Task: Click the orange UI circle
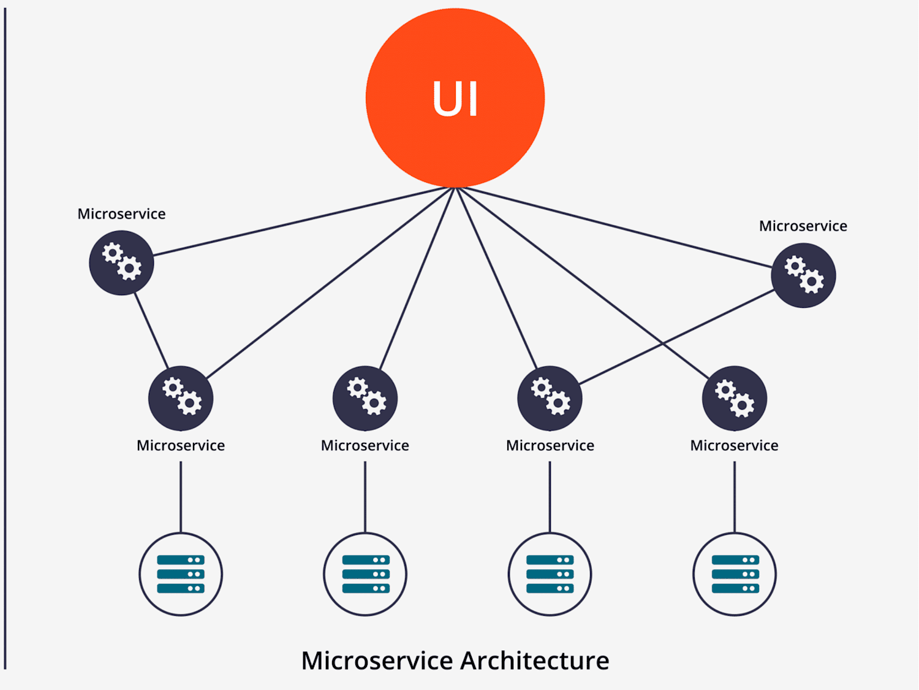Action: point(455,98)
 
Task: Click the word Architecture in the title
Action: point(535,661)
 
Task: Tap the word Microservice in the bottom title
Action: point(377,661)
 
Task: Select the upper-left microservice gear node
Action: point(121,263)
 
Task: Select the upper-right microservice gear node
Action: point(803,275)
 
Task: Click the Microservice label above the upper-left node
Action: point(121,213)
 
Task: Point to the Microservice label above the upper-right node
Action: point(803,226)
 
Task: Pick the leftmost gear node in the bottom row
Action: point(181,398)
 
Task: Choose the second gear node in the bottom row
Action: point(365,398)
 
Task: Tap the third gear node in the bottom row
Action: point(550,398)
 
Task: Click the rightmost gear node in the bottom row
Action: point(735,398)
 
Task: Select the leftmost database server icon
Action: point(181,574)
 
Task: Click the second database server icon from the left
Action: point(365,574)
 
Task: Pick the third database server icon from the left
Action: point(550,574)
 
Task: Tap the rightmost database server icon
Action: point(735,574)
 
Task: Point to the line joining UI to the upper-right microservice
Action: point(615,227)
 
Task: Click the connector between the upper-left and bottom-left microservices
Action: point(151,331)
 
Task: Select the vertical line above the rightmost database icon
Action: point(735,497)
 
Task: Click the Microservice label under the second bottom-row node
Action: point(365,445)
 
